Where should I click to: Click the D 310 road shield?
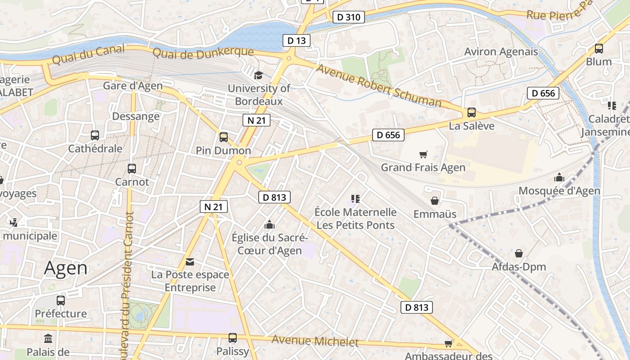pos(348,17)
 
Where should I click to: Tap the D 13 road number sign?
pos(296,40)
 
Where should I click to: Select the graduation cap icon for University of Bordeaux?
pos(258,75)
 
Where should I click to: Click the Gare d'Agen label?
pos(133,85)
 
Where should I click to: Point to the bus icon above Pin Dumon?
pos(224,137)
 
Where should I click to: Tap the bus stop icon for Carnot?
pos(132,169)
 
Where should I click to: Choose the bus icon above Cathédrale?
pos(95,135)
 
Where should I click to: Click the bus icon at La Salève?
pos(472,112)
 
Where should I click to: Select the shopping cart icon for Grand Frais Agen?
pos(423,155)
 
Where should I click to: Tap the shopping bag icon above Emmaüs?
pos(435,201)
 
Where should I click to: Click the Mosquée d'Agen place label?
pos(559,191)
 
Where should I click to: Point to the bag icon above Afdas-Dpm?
pos(519,253)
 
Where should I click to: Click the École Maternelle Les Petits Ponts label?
pos(355,218)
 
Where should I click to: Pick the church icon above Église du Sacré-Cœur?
pos(270,224)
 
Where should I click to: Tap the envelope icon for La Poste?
pos(190,262)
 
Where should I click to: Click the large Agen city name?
pos(66,268)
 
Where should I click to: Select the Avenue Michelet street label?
pos(315,341)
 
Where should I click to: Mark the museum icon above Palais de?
pos(48,338)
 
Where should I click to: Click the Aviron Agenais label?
pos(501,52)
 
